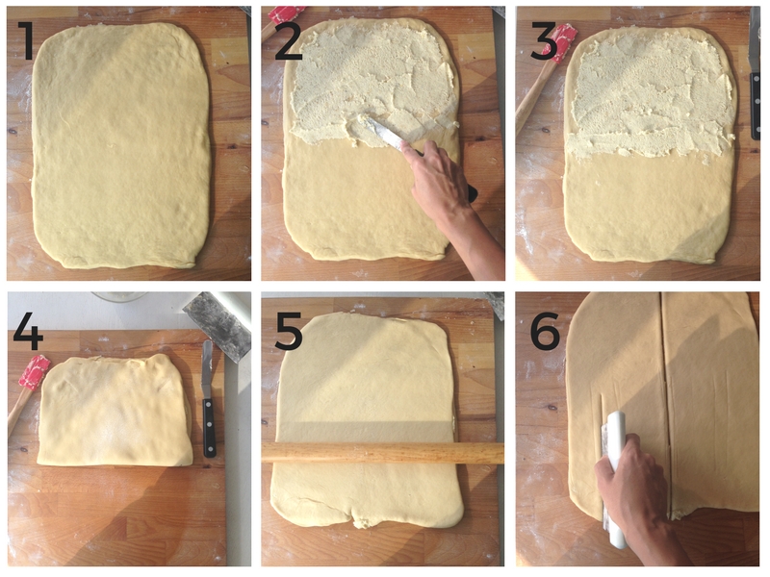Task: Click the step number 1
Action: coord(26,40)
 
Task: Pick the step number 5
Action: coord(288,331)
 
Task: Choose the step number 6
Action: coord(545,330)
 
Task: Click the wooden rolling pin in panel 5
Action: coord(383,453)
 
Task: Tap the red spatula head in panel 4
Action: coord(35,372)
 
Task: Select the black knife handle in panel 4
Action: coord(209,427)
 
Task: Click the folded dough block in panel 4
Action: coord(115,411)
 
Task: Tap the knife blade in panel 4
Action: coord(207,369)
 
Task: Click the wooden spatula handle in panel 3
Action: coord(531,97)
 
